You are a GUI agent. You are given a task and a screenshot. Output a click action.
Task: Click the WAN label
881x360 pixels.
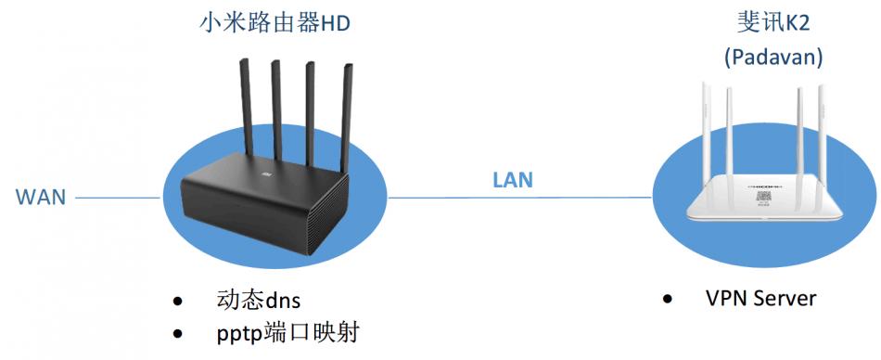point(40,198)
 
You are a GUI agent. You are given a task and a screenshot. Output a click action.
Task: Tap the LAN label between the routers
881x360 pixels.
point(513,179)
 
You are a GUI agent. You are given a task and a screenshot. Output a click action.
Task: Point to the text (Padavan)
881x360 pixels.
point(773,58)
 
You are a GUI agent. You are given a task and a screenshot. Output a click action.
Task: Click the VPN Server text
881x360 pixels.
point(760,298)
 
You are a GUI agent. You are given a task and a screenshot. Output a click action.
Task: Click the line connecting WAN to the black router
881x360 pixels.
point(116,198)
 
